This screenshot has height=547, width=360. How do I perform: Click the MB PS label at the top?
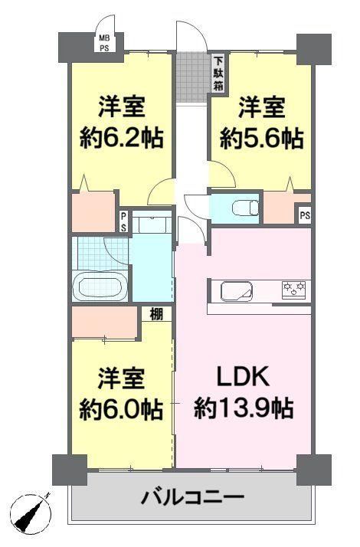click(x=104, y=43)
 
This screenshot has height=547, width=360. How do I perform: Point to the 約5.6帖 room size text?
click(x=261, y=139)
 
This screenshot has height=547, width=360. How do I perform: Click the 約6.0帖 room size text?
click(x=121, y=410)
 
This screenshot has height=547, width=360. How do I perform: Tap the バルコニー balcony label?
click(x=192, y=496)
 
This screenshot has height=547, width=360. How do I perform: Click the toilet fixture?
click(x=245, y=208)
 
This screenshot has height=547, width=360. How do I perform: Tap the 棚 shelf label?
click(x=156, y=314)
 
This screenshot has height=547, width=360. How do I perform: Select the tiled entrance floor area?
click(x=191, y=77)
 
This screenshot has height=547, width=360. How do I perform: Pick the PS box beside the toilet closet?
click(x=305, y=215)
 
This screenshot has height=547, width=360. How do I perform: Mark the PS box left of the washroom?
click(x=124, y=222)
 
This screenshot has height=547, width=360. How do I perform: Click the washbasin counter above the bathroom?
click(x=152, y=222)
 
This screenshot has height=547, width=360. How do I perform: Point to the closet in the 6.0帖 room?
click(x=104, y=322)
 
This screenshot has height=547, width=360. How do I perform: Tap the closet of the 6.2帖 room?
click(x=93, y=211)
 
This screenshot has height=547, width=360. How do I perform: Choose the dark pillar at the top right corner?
click(x=313, y=49)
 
